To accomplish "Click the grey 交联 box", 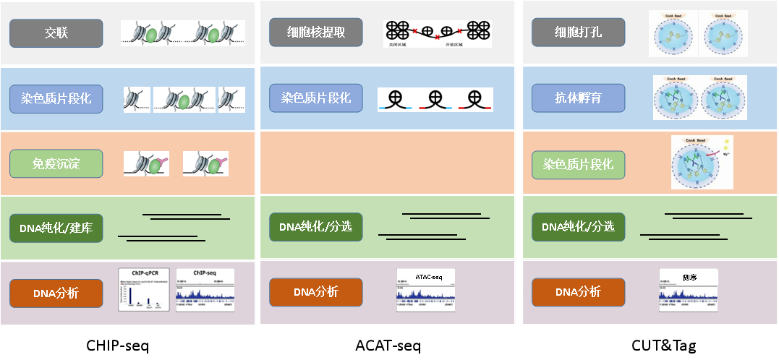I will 56,33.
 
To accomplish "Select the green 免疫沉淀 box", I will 56,164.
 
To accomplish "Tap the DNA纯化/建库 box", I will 56,228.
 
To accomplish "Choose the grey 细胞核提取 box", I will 316,33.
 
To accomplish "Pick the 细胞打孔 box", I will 578,33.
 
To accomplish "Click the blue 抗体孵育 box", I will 578,98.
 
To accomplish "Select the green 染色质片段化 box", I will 578,164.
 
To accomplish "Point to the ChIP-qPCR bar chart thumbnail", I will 145,289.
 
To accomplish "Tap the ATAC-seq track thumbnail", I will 425,289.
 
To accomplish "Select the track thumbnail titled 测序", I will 689,289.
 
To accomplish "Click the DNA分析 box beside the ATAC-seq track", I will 316,292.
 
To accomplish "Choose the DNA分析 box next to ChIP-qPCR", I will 56,293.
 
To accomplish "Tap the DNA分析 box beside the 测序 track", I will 578,292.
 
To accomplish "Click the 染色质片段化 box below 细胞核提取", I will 316,98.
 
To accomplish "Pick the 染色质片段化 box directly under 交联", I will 56,98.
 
